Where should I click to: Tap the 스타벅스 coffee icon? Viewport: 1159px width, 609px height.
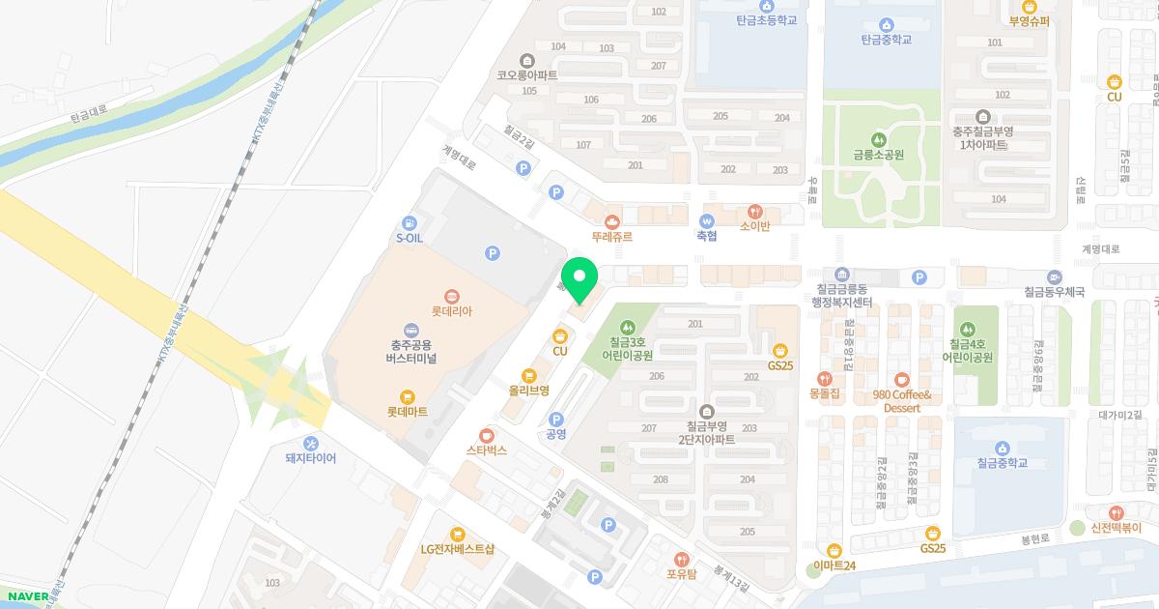point(486,435)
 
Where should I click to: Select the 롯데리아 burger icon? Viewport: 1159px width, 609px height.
point(451,297)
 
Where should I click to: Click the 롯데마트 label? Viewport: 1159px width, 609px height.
point(407,411)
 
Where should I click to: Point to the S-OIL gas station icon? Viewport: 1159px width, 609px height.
point(410,222)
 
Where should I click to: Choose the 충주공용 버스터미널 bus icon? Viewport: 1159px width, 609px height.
point(411,330)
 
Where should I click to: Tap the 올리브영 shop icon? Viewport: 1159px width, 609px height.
point(528,375)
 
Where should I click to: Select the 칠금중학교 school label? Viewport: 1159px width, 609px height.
point(1002,463)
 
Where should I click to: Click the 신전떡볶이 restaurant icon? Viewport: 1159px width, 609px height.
point(1117,512)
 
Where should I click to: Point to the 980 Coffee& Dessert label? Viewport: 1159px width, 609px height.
point(901,401)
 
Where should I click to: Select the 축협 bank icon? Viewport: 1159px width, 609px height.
point(707,220)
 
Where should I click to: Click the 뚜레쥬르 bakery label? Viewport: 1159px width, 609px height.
point(611,235)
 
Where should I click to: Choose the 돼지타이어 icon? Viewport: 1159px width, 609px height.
point(310,443)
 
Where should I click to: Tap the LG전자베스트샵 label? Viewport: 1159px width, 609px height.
point(457,549)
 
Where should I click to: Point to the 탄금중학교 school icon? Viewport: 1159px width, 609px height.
point(886,24)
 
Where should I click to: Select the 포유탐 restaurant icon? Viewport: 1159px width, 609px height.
point(681,558)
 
